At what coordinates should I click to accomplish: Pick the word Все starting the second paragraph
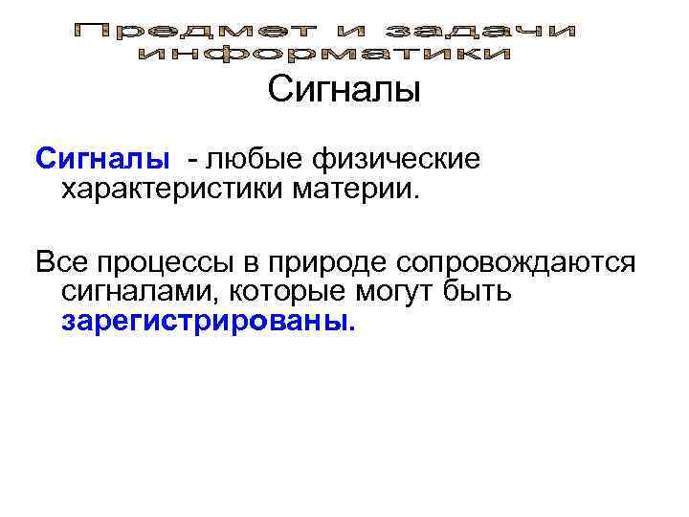pos(59,261)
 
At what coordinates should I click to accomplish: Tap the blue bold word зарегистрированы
pos(207,322)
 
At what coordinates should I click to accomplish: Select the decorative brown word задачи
pos(496,32)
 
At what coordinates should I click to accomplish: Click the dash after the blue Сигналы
pos(194,158)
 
